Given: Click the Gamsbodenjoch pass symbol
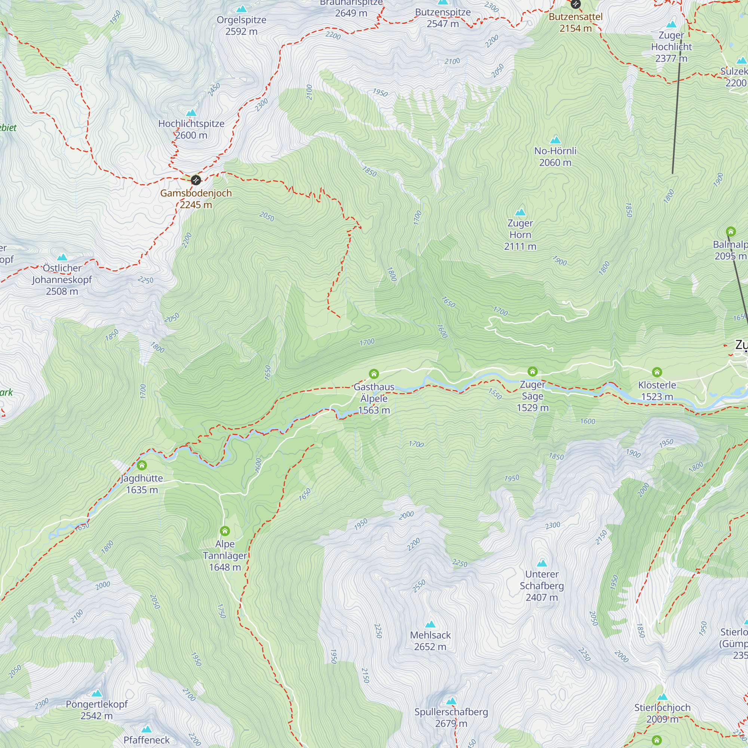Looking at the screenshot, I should (196, 180).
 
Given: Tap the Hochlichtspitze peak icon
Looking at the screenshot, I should (191, 113).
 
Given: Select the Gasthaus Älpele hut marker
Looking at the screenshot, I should (374, 374).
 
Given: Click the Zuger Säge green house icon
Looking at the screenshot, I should (532, 372).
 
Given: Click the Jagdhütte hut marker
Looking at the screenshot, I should (142, 465).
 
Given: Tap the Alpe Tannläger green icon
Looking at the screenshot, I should (224, 531).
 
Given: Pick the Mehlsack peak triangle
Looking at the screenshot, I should (430, 625).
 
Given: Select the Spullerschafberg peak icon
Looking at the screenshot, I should (451, 701).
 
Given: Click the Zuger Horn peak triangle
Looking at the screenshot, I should (520, 212).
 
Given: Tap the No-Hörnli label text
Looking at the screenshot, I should (555, 151).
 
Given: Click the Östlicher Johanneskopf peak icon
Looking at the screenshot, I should (62, 257).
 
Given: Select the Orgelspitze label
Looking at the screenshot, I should (241, 20).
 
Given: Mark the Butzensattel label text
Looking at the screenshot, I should (575, 17).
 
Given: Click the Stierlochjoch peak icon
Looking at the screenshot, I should (662, 697).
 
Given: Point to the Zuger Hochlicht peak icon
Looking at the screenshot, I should (671, 24).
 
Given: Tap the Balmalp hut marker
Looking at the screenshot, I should (730, 232).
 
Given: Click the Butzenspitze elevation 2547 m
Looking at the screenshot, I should (442, 24).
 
